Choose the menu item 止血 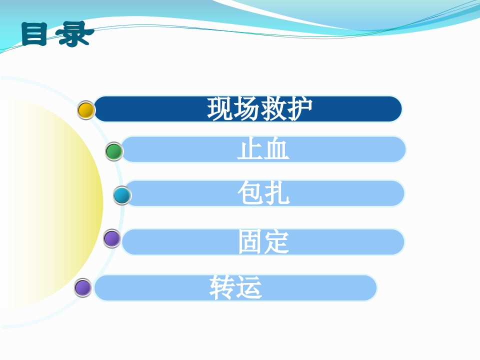263,149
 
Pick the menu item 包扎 263,193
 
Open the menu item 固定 263,242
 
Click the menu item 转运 235,288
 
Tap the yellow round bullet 86,110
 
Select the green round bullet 114,151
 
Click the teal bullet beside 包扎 121,195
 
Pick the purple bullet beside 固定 112,238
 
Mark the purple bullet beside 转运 83,288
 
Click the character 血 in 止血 276,149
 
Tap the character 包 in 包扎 250,193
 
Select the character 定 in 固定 276,242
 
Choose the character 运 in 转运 249,288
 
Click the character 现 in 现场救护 220,108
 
